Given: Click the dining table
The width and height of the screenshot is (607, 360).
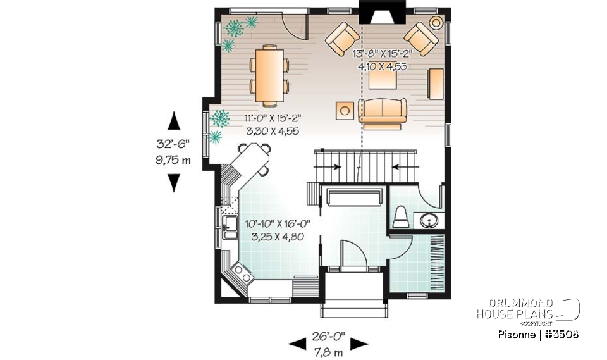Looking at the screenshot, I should click(x=269, y=73).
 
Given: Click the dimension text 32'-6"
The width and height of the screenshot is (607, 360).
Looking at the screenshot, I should click(x=174, y=143).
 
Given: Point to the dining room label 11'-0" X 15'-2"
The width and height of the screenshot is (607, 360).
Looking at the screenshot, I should click(x=273, y=118).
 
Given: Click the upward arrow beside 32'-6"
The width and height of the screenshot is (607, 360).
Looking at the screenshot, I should click(x=174, y=120).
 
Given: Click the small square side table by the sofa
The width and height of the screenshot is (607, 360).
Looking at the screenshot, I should click(x=345, y=110).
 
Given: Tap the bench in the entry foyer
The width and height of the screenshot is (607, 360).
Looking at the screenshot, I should click(x=354, y=198).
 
